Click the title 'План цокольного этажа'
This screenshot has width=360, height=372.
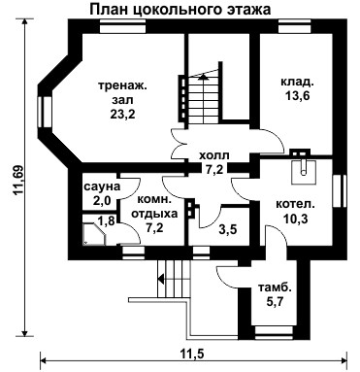pos(180,10)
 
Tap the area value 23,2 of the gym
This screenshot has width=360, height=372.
pos(122,115)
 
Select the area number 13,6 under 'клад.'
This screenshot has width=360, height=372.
pos(297,95)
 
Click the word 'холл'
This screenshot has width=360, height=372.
pos(214,155)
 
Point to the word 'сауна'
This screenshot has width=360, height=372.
pos(102,186)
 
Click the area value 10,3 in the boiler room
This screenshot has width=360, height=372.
pos(296,219)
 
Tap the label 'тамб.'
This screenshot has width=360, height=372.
pos(275,287)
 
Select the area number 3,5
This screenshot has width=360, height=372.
pos(228,229)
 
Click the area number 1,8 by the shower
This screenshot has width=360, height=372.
pos(106,221)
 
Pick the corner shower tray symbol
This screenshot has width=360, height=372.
pos(94,234)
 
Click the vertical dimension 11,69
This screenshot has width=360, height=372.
pos(17,181)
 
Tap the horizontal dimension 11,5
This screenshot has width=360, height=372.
pos(193,354)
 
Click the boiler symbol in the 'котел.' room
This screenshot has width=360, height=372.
pos(303,172)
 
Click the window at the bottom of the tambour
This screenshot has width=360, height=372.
pos(274,333)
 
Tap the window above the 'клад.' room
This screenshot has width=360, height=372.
pos(295,26)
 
